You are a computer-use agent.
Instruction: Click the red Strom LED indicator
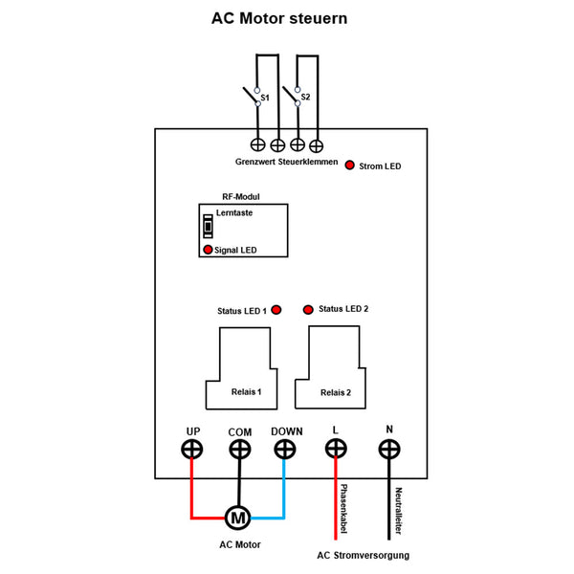pos(351,165)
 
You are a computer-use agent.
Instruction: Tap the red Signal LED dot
pos(206,250)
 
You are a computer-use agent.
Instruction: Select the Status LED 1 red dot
pos(276,310)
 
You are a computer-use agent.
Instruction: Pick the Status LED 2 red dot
pos(308,310)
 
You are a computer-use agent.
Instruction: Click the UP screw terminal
pos(192,449)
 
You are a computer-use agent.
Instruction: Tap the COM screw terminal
pos(239,449)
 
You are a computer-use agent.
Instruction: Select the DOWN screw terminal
pos(286,449)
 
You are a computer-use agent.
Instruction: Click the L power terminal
pos(336,449)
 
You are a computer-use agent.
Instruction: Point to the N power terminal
pos(389,449)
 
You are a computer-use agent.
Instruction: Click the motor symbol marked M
pos(237,519)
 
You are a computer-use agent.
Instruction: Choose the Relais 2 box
pos(330,368)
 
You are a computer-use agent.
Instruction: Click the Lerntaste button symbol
pos(207,228)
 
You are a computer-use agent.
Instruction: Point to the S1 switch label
pos(265,98)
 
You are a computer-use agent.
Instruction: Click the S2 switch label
pos(305,97)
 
